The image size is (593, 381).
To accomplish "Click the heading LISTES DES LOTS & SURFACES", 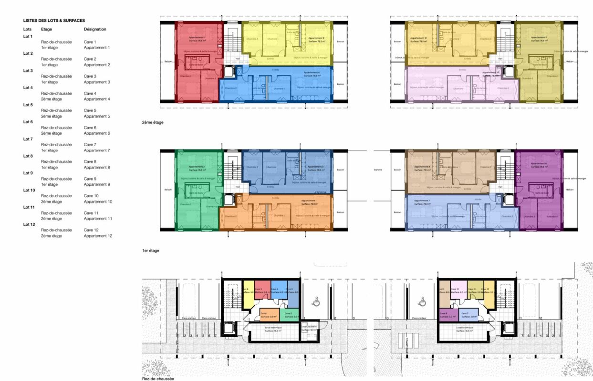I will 54,20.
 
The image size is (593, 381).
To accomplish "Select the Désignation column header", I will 95,29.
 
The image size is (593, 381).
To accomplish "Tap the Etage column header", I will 47,29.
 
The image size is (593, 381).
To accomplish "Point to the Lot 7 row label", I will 28,139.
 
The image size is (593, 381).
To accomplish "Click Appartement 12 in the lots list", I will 98,236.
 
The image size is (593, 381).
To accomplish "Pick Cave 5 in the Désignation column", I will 90,110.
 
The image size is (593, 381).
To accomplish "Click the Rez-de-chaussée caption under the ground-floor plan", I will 157,379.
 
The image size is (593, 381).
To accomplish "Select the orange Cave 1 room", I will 269,314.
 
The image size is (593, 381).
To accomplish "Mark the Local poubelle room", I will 309,329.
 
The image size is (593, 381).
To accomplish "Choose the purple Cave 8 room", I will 447,314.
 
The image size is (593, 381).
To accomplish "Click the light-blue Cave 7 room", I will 468,314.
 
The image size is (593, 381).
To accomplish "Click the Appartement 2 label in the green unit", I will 197,167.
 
